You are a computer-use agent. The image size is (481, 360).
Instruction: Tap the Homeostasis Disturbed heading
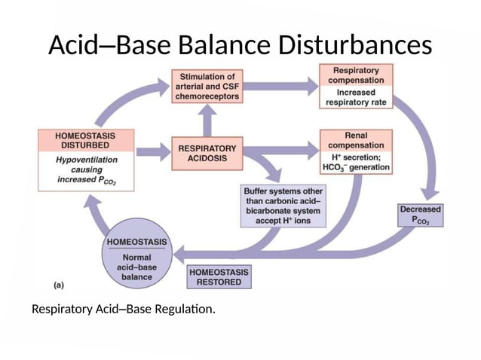pos(85,140)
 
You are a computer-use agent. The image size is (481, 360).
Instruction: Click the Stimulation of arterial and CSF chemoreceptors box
pos(207,87)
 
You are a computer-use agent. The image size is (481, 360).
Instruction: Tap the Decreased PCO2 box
pos(421,215)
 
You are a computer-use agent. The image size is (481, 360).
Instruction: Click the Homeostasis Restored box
pos(219,276)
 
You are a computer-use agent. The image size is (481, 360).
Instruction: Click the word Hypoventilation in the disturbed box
pos(85,160)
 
